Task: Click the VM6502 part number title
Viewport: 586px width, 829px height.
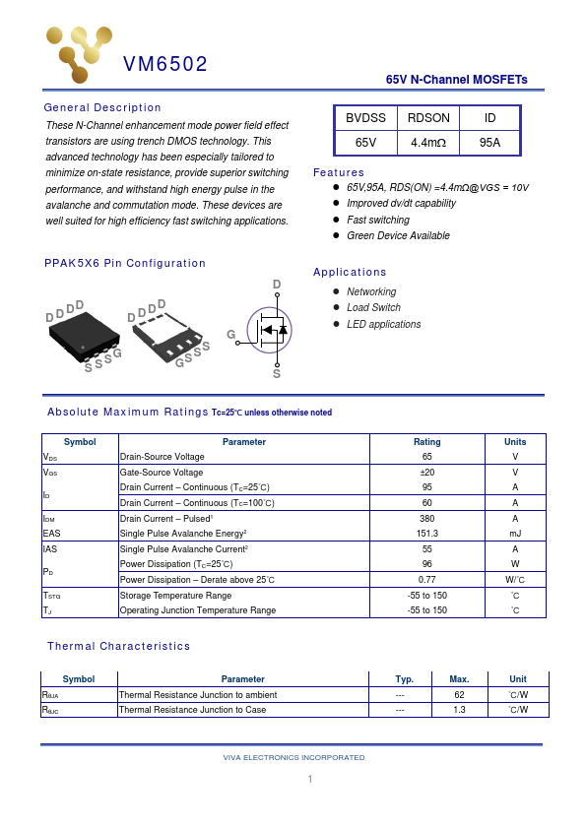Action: click(x=164, y=65)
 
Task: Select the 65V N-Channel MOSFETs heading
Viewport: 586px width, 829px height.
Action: click(x=456, y=80)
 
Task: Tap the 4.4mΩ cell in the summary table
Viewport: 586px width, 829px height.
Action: click(x=427, y=143)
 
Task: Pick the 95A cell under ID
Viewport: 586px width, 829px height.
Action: click(x=489, y=143)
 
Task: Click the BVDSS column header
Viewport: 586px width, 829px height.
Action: click(x=365, y=118)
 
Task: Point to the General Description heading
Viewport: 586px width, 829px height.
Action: click(x=102, y=107)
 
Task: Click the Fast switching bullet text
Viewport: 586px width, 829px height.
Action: click(x=377, y=220)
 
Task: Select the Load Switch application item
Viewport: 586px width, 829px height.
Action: click(x=373, y=308)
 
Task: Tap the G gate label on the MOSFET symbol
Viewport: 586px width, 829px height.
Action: click(x=231, y=335)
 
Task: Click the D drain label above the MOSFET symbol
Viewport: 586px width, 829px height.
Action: click(x=277, y=285)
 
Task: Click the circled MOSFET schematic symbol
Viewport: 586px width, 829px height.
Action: click(x=271, y=330)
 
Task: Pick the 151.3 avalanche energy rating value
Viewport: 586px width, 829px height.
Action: click(x=427, y=533)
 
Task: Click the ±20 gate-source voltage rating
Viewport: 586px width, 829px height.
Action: click(x=427, y=473)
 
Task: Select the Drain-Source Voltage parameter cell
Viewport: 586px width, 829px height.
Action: click(x=162, y=457)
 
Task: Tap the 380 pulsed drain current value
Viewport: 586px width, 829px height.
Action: click(x=427, y=518)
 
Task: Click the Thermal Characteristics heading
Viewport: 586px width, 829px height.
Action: click(x=118, y=646)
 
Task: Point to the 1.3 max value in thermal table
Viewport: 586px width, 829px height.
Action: click(x=459, y=709)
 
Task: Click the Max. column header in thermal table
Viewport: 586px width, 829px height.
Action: click(x=459, y=679)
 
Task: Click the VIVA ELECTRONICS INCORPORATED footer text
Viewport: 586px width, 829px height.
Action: click(x=293, y=757)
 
